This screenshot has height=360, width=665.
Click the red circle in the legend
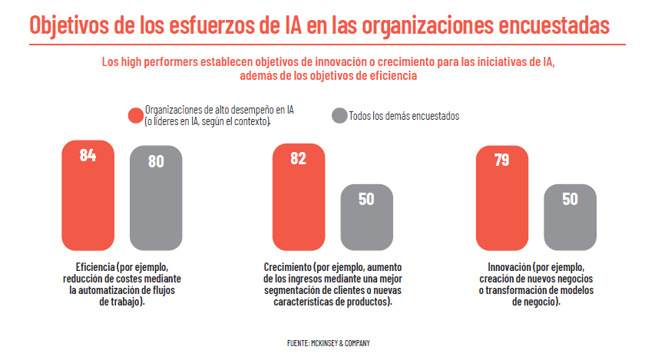pos(135,116)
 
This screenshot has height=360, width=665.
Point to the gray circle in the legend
pos(339,116)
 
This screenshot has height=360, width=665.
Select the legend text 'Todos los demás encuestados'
pos(404,116)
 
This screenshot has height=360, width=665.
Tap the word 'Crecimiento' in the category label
pos(286,266)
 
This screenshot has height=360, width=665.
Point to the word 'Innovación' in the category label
pos(500,266)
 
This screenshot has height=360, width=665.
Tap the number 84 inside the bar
pos(88,155)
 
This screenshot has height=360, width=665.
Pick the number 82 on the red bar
pos(299,159)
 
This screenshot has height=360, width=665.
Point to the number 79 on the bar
pos(502,160)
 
